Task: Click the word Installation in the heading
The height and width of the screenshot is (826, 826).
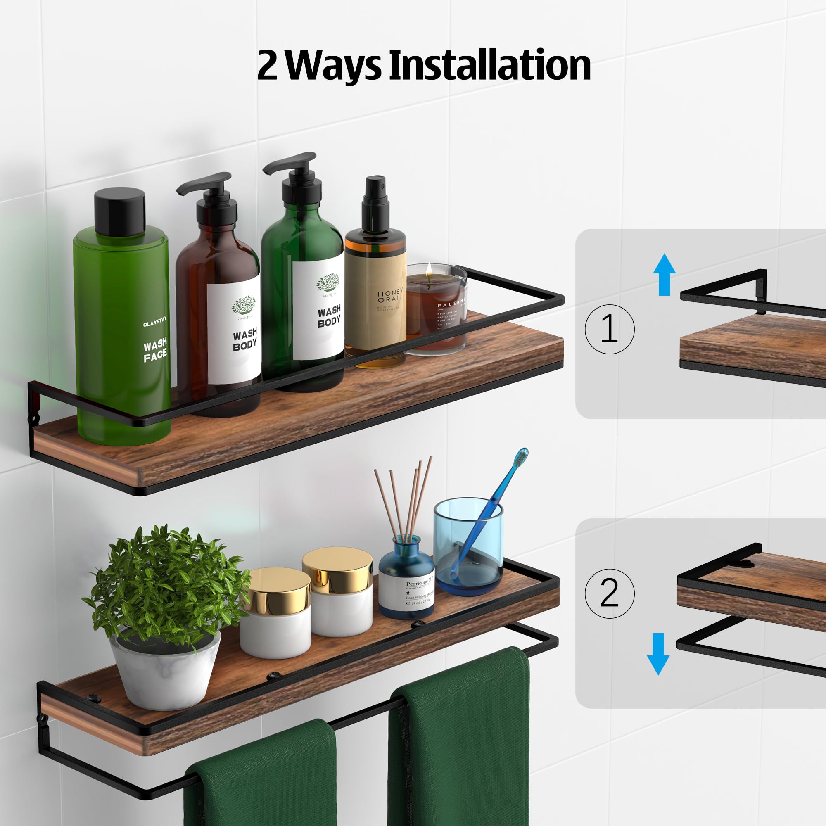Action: coord(489,65)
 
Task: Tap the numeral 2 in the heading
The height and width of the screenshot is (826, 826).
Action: coord(267,65)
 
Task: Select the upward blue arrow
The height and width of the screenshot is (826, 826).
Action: coord(664,275)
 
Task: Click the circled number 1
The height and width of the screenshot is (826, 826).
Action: coord(609,329)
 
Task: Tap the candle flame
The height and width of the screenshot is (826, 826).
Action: coord(429,269)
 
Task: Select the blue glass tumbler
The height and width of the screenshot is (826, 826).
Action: coord(468,547)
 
